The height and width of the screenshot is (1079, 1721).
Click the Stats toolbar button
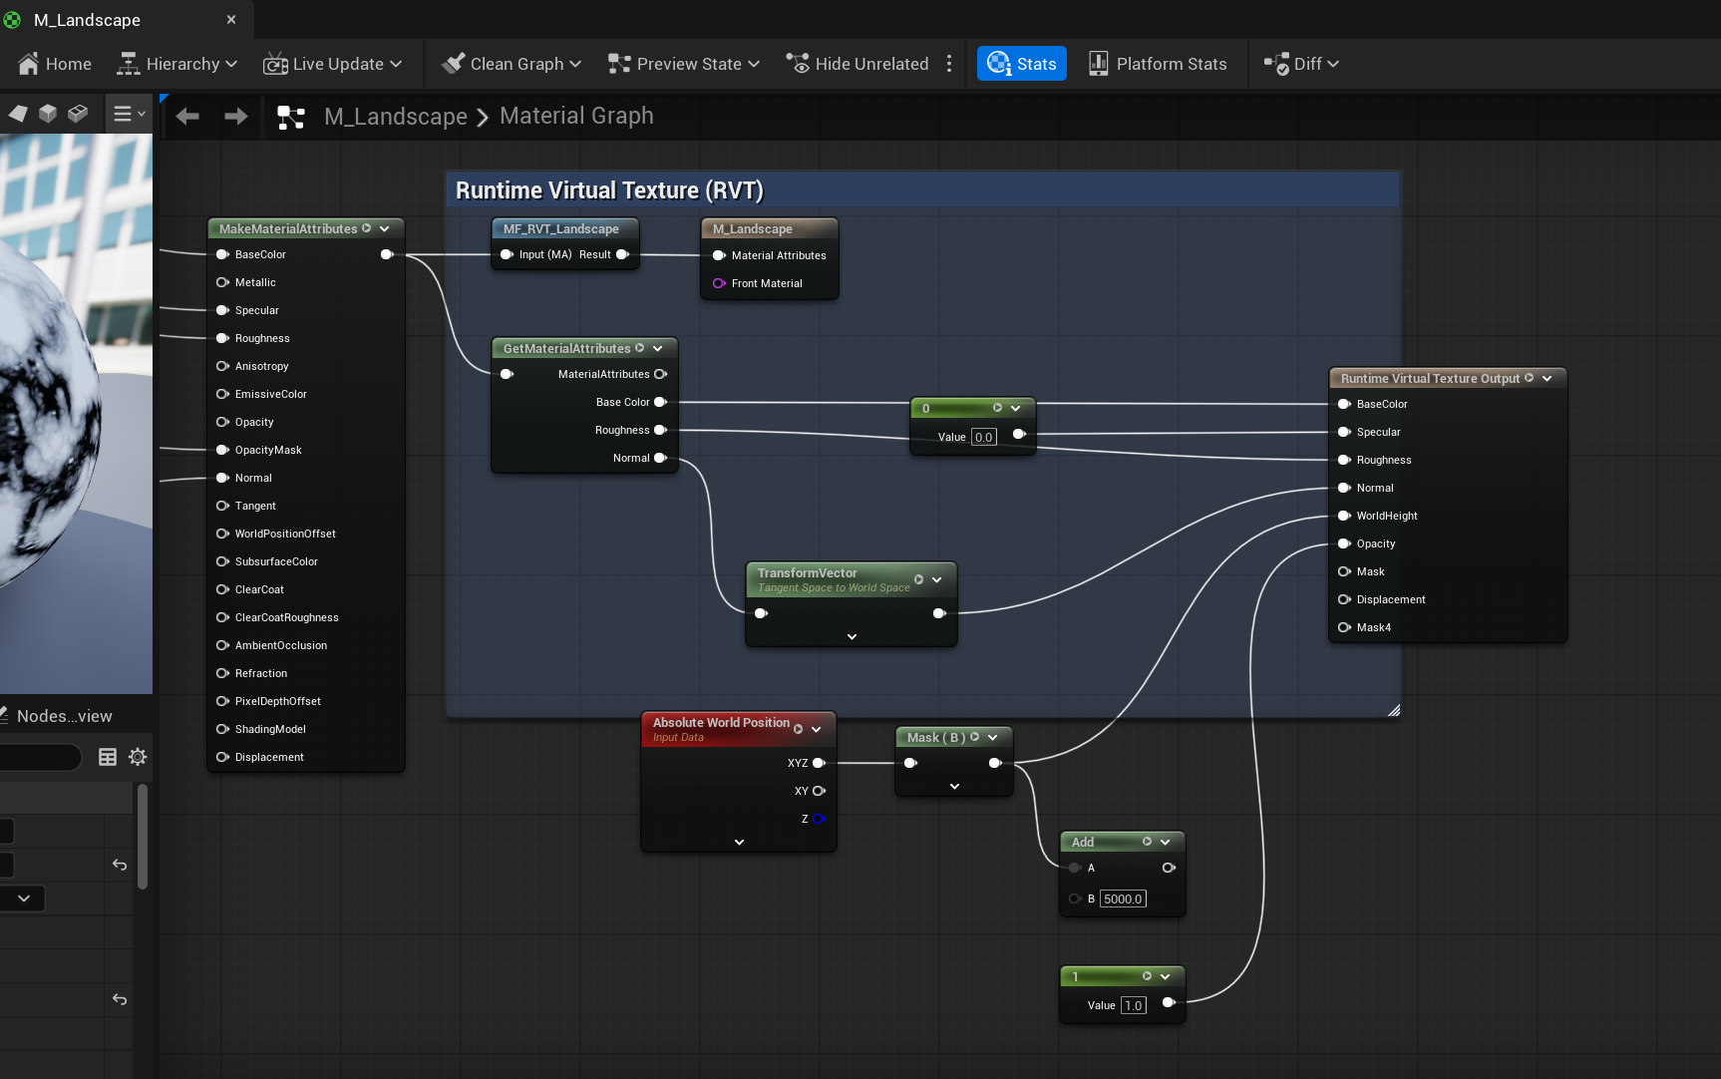pos(1022,64)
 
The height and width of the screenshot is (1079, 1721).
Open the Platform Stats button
pos(1158,64)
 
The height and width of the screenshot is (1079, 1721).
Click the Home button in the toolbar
pos(55,64)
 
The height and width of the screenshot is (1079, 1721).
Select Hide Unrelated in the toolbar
pos(858,64)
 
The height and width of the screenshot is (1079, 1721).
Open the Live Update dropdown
pos(333,64)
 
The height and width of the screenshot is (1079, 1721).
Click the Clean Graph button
pos(511,64)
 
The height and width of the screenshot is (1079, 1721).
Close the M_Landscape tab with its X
pos(231,20)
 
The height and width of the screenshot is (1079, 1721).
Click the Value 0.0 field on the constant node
pos(983,437)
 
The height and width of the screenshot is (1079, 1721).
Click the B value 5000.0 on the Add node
pos(1123,899)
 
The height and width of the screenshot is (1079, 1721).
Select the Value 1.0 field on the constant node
pos(1134,1005)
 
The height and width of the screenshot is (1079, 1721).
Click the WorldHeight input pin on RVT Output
pos(1344,516)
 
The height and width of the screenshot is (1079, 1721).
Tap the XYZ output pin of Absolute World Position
pos(819,763)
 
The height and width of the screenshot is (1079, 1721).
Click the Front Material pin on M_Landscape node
pos(719,283)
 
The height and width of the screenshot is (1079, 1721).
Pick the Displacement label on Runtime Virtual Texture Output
pos(1391,599)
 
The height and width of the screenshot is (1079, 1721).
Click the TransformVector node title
pos(807,573)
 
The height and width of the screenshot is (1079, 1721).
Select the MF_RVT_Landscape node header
pos(561,229)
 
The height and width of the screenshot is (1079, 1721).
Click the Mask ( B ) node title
pos(935,738)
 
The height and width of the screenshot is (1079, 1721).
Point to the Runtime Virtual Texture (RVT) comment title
pos(609,190)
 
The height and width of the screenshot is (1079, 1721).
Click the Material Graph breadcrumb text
pos(576,116)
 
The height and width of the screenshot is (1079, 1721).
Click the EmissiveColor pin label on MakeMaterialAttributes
pos(271,394)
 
